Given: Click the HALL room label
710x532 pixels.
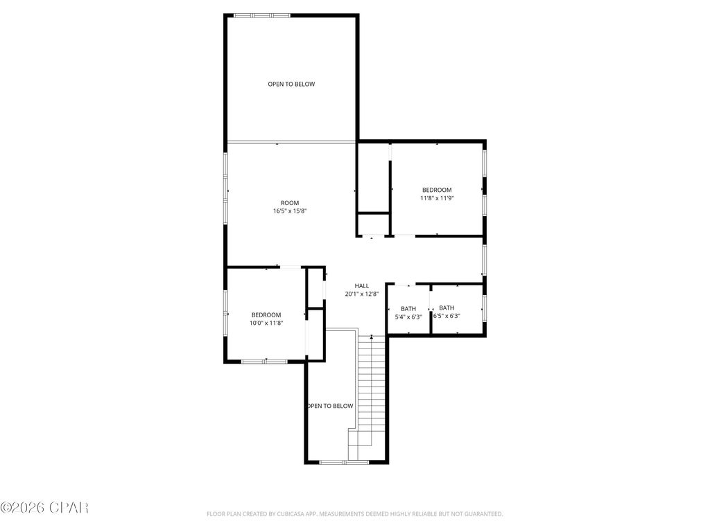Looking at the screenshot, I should [x=362, y=285].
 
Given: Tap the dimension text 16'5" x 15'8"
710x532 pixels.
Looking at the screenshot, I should [x=290, y=211].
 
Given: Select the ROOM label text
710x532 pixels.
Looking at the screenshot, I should [x=290, y=203].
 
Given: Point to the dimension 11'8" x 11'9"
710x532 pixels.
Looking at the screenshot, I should [x=437, y=198].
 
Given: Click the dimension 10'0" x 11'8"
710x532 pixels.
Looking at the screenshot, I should [x=266, y=323].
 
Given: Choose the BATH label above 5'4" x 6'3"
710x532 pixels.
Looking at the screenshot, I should [x=408, y=309].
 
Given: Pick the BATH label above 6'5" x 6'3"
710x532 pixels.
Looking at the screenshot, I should [x=447, y=308].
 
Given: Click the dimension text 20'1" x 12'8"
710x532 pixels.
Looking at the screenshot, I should [x=362, y=294].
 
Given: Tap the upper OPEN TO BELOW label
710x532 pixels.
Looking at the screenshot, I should [x=291, y=85].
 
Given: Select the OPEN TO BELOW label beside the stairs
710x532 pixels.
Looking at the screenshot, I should [x=330, y=406].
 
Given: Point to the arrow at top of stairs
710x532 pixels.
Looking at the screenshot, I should [x=372, y=337].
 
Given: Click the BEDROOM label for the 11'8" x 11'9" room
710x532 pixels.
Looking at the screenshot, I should [x=437, y=190].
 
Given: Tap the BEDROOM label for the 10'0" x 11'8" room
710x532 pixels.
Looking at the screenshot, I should [x=266, y=314].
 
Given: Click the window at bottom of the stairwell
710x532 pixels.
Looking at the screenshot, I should [x=345, y=462].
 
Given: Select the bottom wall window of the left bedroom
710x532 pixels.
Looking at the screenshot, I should [x=264, y=361].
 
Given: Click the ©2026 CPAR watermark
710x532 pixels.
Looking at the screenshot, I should [x=44, y=508].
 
